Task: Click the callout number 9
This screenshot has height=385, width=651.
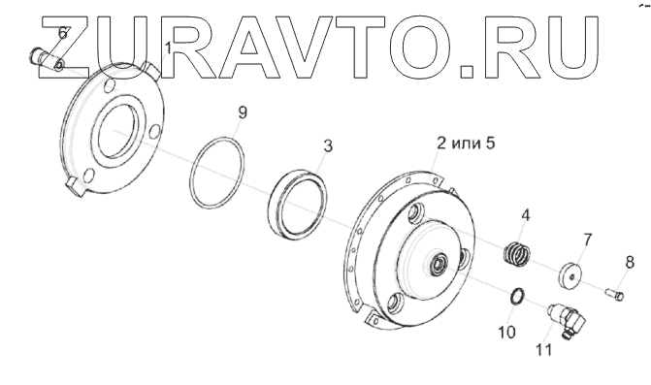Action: [x=243, y=112]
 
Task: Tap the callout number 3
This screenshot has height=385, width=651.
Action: [x=328, y=146]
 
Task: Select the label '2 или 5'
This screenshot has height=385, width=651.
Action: [x=466, y=144]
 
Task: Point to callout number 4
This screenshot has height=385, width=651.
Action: [x=526, y=215]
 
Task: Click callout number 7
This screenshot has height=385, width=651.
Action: [x=588, y=240]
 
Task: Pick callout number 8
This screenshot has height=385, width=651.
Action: [x=630, y=262]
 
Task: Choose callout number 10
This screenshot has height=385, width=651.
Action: [x=506, y=332]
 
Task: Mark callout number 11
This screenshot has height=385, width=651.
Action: [x=544, y=350]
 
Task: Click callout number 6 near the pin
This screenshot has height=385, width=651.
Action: [x=62, y=32]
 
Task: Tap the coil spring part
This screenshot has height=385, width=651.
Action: [x=516, y=253]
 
